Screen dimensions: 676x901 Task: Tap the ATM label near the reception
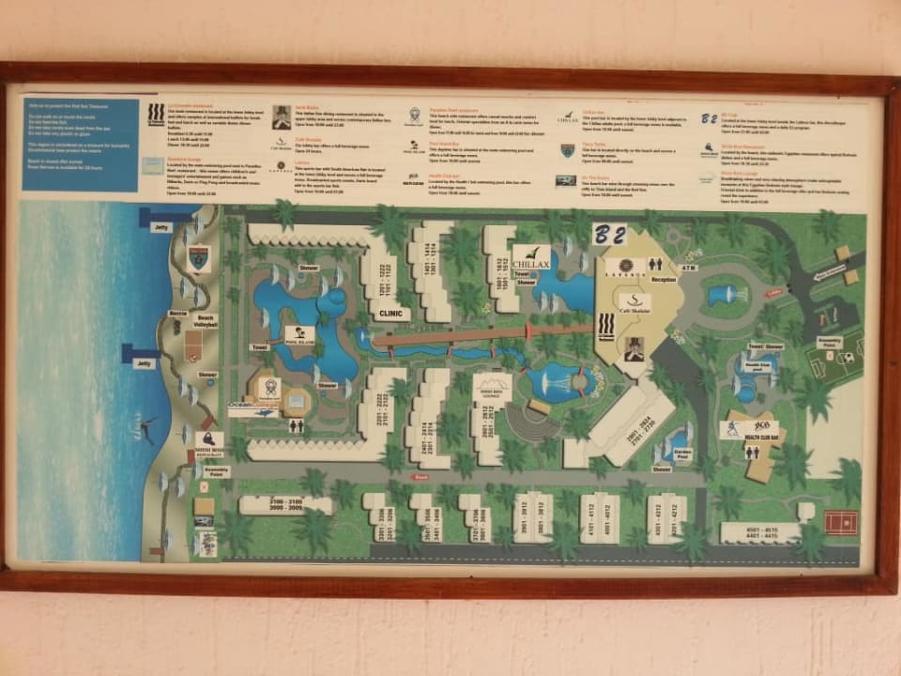[691, 269]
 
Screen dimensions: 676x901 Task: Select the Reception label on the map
[663, 280]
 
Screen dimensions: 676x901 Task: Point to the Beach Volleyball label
[206, 321]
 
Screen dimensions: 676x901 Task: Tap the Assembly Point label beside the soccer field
[829, 342]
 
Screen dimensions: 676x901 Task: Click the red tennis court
[841, 521]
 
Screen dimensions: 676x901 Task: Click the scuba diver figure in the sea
[146, 429]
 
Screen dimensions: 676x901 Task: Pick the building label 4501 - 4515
[761, 532]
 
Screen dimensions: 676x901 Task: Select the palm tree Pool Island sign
[299, 336]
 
